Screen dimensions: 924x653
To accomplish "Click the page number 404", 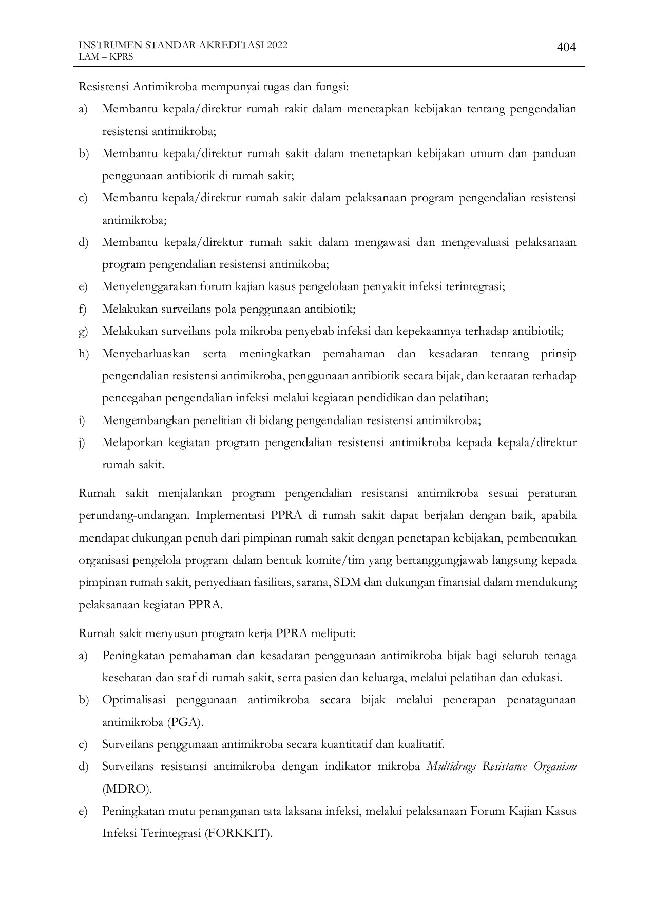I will coord(566,48).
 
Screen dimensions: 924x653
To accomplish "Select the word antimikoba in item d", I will coord(303,264).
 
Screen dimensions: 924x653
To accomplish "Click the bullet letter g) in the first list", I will coord(83,332).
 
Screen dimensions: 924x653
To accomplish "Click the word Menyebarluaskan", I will coord(146,354).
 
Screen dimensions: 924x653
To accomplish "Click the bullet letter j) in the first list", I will coord(82,442).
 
